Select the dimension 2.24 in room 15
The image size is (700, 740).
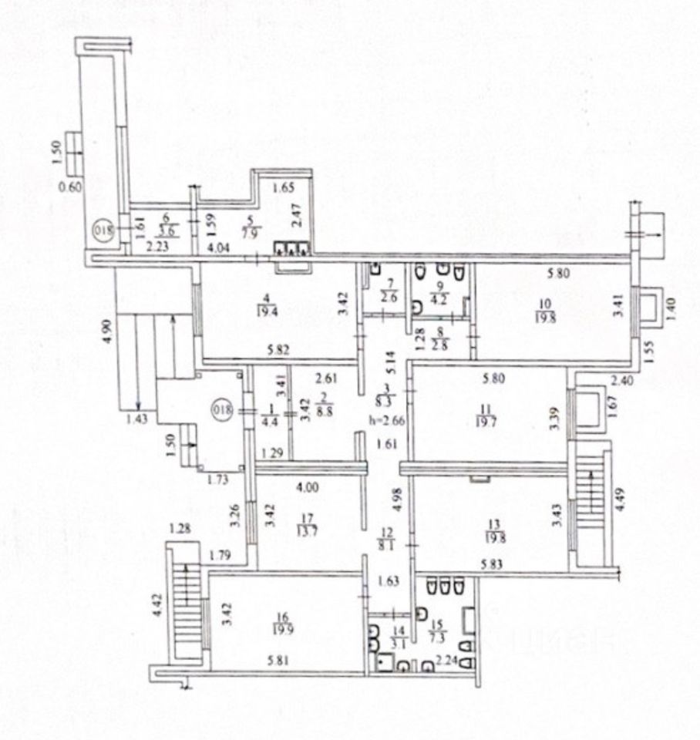coord(446,660)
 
